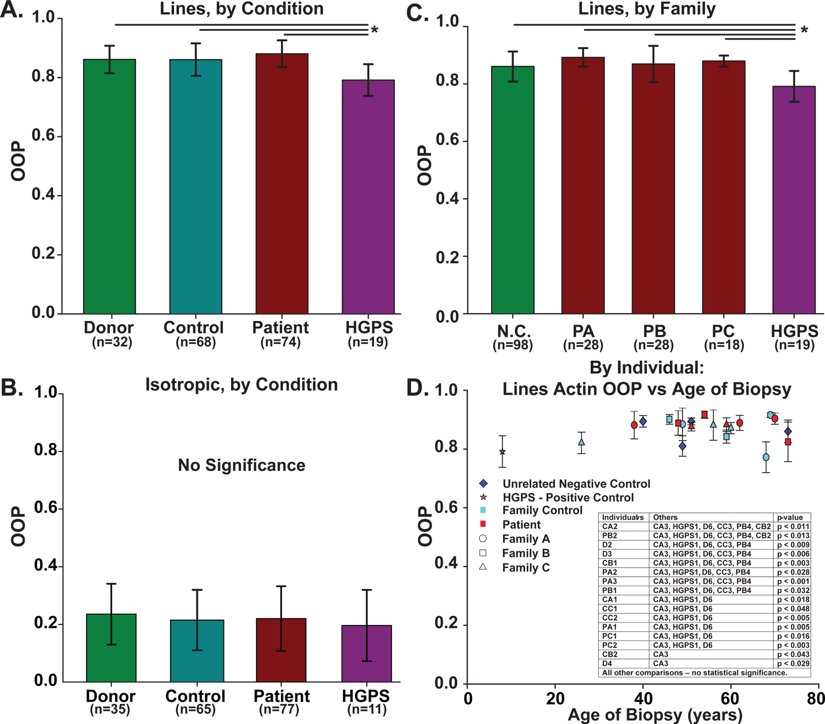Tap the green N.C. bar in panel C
(x=513, y=190)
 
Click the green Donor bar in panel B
(x=111, y=648)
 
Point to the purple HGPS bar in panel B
(x=367, y=653)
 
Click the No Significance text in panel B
(x=241, y=465)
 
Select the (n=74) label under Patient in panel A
(x=280, y=342)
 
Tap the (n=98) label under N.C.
(x=513, y=345)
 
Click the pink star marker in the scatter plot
(x=502, y=452)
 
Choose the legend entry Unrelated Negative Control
(x=576, y=484)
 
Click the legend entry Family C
(x=526, y=568)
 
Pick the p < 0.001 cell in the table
(x=793, y=581)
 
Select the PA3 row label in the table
(x=610, y=581)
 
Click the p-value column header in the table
(x=790, y=517)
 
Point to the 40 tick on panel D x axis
(x=643, y=698)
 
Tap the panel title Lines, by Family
(x=646, y=9)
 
